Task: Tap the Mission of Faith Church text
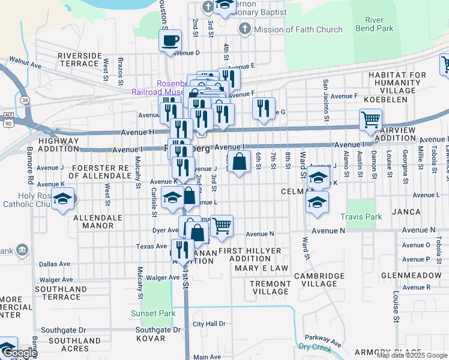tap(298, 29)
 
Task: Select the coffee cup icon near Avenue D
tap(170, 40)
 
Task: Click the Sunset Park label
tap(153, 313)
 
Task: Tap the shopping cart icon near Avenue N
tap(221, 226)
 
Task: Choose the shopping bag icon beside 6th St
tap(239, 161)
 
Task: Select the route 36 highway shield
tap(24, 99)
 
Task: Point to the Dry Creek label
tap(315, 347)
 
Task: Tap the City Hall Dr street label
tap(208, 324)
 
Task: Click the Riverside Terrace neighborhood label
tap(80, 59)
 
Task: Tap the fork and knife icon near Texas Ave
tap(182, 249)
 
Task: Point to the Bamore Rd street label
tap(30, 164)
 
